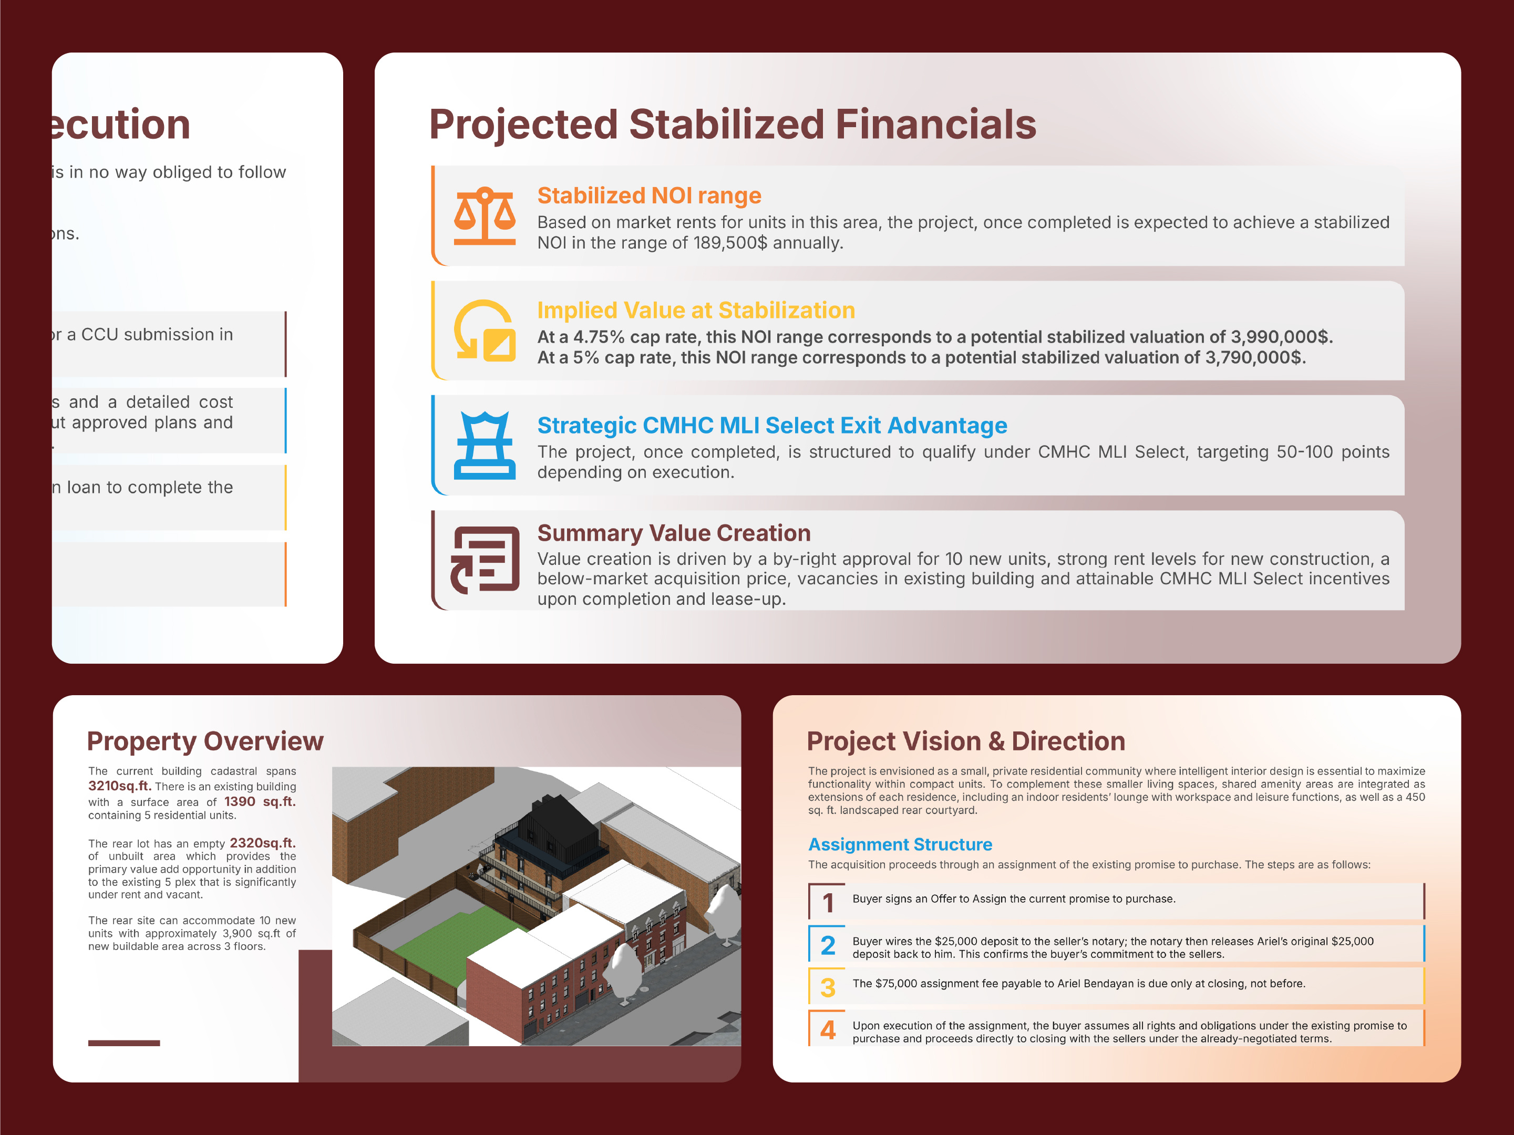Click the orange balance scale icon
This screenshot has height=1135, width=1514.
click(485, 216)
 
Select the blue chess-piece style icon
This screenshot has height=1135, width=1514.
click(485, 445)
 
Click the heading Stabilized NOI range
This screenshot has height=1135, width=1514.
click(649, 196)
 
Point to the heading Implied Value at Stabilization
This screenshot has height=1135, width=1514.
click(695, 311)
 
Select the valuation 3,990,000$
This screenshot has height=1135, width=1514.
click(1281, 337)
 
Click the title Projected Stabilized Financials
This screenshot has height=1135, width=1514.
click(733, 125)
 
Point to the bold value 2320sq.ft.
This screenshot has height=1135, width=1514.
click(262, 843)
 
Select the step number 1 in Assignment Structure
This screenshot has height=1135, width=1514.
click(828, 903)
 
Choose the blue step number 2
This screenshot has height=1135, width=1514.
click(828, 945)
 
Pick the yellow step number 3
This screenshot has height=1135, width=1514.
click(828, 988)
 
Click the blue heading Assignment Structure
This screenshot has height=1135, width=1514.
click(900, 845)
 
